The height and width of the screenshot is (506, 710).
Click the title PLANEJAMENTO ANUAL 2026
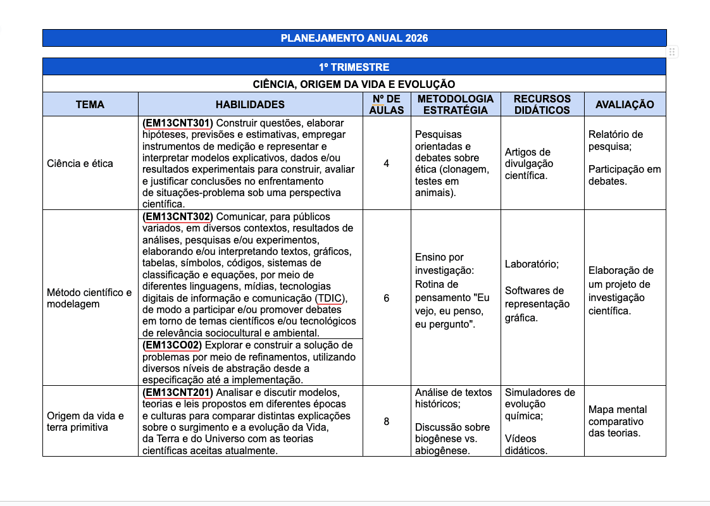pyautogui.click(x=354, y=38)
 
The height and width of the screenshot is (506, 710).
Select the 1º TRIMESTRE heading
pyautogui.click(x=354, y=67)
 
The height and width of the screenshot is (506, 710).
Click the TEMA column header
pyautogui.click(x=90, y=104)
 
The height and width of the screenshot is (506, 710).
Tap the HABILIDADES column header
pyautogui.click(x=250, y=104)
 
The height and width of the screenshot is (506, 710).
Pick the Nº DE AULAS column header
pyautogui.click(x=386, y=104)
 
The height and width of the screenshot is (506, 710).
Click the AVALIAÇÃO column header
pyautogui.click(x=625, y=104)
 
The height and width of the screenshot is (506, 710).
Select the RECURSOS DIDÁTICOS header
pyautogui.click(x=542, y=104)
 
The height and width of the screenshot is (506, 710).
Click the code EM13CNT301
pyautogui.click(x=178, y=123)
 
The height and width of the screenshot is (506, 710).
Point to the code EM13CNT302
pyautogui.click(x=178, y=217)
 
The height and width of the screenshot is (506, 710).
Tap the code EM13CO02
pyautogui.click(x=173, y=345)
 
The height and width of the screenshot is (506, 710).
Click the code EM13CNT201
pyautogui.click(x=178, y=393)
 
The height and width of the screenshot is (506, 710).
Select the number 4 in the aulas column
pyautogui.click(x=386, y=164)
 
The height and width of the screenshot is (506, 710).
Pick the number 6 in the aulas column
pyautogui.click(x=386, y=298)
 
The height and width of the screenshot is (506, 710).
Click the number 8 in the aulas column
pyautogui.click(x=386, y=421)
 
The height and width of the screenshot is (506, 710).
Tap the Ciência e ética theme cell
pyautogui.click(x=80, y=164)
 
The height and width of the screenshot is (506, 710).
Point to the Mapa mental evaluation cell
pyautogui.click(x=616, y=421)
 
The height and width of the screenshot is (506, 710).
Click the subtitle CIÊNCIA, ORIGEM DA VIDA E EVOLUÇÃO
pyautogui.click(x=354, y=84)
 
